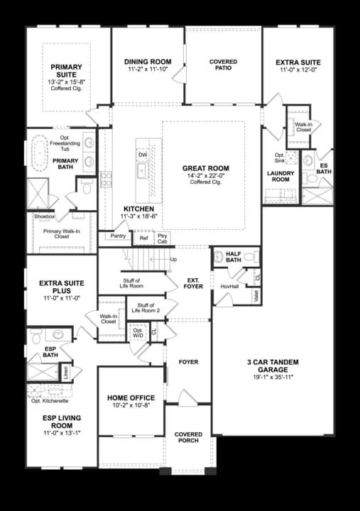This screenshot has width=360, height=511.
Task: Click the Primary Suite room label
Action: click(x=67, y=72)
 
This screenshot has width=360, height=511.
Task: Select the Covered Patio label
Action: click(x=223, y=66)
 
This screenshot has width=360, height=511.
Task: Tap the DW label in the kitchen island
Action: click(x=143, y=154)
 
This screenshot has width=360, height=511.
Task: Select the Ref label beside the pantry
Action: click(x=143, y=239)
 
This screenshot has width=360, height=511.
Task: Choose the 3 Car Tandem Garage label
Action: click(x=273, y=366)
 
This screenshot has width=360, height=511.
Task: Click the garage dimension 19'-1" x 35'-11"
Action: click(x=273, y=378)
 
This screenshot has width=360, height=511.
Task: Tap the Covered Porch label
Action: click(x=188, y=437)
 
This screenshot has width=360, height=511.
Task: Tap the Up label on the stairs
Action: click(x=173, y=259)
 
